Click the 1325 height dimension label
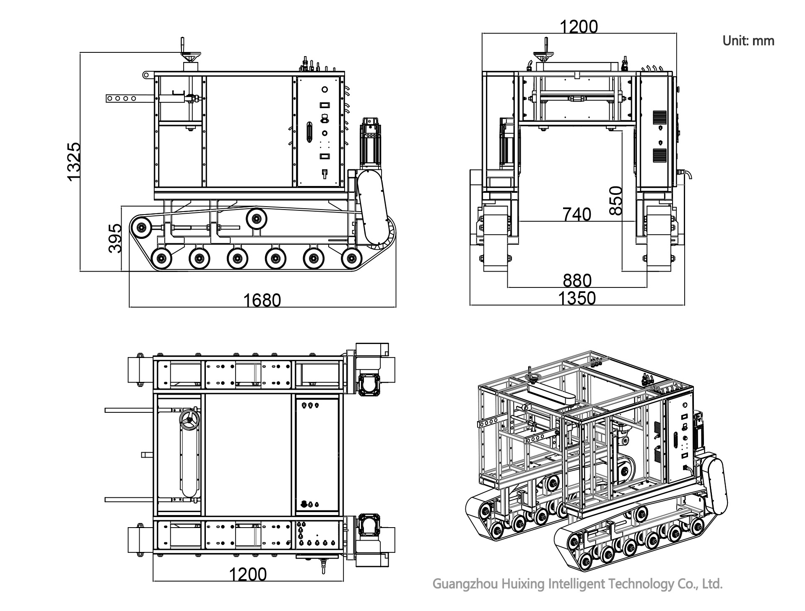coord(73,161)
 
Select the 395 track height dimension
coord(115,238)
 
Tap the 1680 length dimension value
coord(262,300)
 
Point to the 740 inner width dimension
coord(576,214)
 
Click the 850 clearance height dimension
coord(615,200)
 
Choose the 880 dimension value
coord(577,280)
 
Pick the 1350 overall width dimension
coord(577,298)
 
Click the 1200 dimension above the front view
coord(579,26)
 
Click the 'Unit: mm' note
coord(748,41)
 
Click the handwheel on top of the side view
coord(190,55)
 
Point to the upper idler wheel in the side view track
coord(257,218)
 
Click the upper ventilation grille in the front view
coord(660,117)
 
